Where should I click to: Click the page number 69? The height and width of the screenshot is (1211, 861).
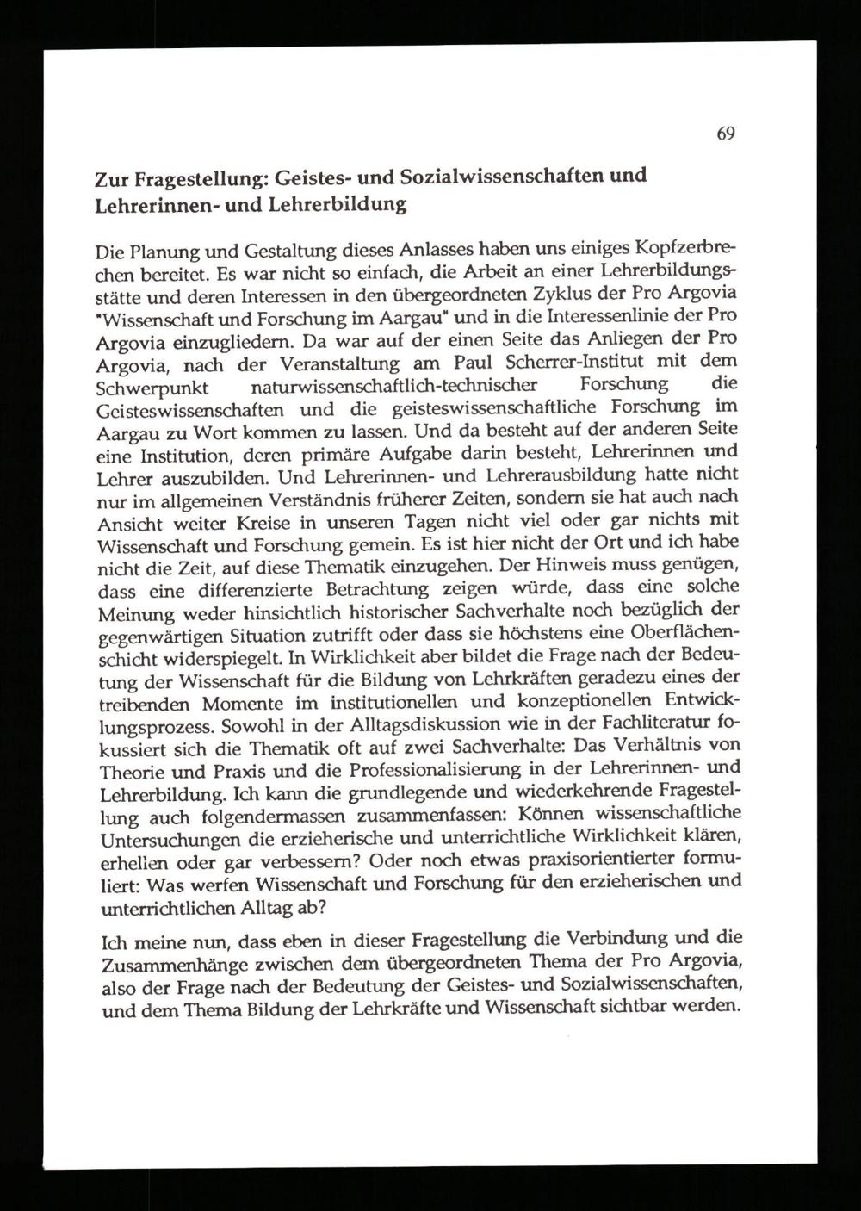[725, 134]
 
